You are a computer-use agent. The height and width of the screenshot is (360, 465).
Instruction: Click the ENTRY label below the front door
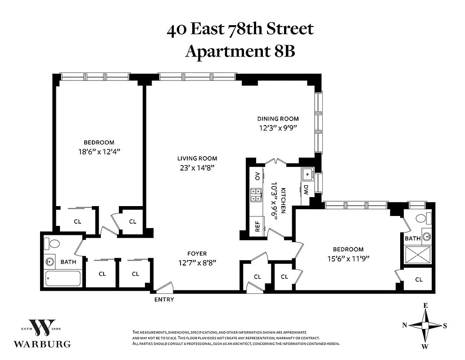(164, 299)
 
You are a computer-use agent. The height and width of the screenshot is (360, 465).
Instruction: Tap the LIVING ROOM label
(197, 158)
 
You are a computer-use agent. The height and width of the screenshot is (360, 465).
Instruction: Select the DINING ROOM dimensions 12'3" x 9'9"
(278, 127)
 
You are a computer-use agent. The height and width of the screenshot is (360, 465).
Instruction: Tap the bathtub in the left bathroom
(63, 278)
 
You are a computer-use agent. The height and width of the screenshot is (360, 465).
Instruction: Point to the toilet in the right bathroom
(421, 219)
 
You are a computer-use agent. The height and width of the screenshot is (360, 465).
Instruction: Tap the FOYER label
(197, 254)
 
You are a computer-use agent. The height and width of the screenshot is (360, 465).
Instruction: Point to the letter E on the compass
(425, 306)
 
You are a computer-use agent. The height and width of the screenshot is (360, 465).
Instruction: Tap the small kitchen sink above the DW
(308, 173)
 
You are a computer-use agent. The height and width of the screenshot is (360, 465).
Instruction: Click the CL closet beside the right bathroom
(419, 279)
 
